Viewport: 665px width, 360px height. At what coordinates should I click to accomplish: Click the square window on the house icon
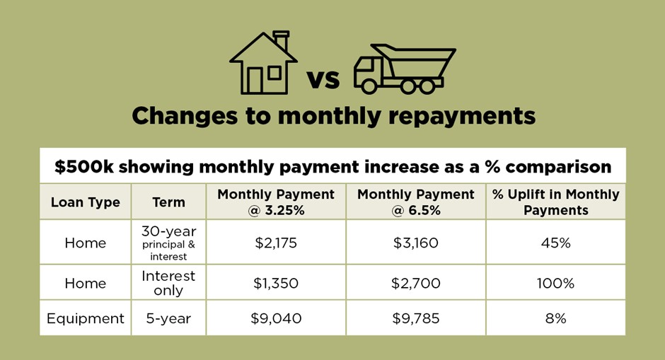click(274, 73)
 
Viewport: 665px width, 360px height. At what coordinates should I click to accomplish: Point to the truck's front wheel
click(369, 86)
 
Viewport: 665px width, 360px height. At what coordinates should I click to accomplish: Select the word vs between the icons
click(323, 79)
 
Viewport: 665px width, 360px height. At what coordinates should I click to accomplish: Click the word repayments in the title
click(462, 116)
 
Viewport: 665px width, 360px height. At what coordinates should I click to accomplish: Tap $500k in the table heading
click(84, 167)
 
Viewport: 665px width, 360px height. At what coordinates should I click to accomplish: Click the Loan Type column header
click(85, 202)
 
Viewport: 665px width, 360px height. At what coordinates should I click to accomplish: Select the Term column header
click(169, 202)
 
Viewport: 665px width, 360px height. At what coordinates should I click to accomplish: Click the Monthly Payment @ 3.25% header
click(276, 202)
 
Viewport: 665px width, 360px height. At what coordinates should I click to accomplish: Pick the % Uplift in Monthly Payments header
click(555, 202)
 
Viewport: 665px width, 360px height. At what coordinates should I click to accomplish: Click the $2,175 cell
click(276, 243)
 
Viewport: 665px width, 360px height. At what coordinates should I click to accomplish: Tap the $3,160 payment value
click(416, 243)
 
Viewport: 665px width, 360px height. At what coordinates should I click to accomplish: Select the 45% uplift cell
click(555, 243)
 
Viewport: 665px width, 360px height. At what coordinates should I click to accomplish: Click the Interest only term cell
click(168, 283)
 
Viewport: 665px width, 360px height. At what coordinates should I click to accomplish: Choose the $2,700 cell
click(416, 283)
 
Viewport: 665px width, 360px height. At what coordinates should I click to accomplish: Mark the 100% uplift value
click(555, 283)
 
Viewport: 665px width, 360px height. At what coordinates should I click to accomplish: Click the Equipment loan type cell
click(85, 318)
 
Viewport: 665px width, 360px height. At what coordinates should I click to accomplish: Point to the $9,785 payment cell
click(416, 318)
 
